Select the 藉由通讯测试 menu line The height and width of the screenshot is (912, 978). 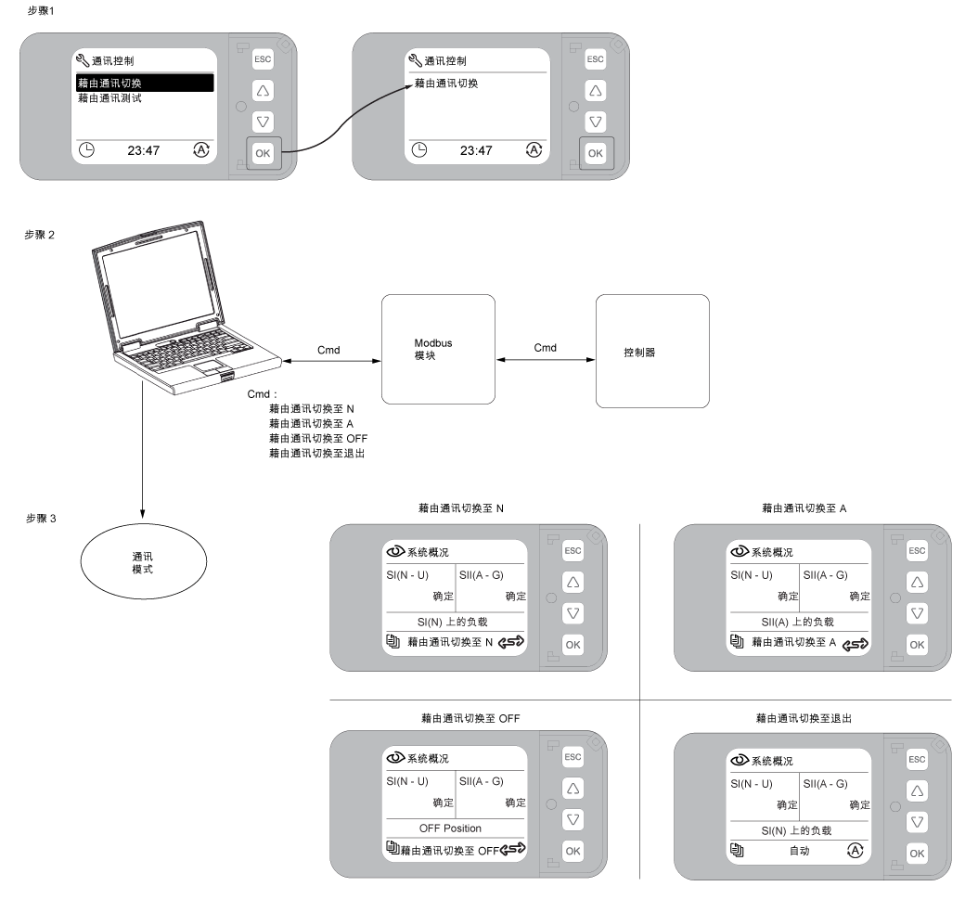(x=109, y=98)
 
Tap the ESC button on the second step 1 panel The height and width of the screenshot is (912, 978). (x=595, y=59)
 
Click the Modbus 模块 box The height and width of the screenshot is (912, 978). (x=438, y=350)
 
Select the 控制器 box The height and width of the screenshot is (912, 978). (x=652, y=352)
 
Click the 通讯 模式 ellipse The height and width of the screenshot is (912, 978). (x=143, y=561)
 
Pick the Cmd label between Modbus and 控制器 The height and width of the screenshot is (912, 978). (x=545, y=348)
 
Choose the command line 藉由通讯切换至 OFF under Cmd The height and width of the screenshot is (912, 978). (x=318, y=439)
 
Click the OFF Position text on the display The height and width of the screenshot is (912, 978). (x=450, y=829)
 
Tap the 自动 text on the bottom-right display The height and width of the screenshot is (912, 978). (x=800, y=851)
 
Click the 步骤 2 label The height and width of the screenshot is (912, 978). (x=40, y=235)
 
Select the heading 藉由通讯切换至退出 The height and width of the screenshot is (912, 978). (x=804, y=719)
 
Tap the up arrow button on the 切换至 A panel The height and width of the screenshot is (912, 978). (x=917, y=582)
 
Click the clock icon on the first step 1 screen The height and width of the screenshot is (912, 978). (x=86, y=150)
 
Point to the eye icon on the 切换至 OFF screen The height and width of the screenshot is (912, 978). (x=395, y=758)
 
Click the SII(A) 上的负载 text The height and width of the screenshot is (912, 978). (x=798, y=622)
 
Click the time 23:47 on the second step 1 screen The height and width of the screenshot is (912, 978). (x=476, y=150)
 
